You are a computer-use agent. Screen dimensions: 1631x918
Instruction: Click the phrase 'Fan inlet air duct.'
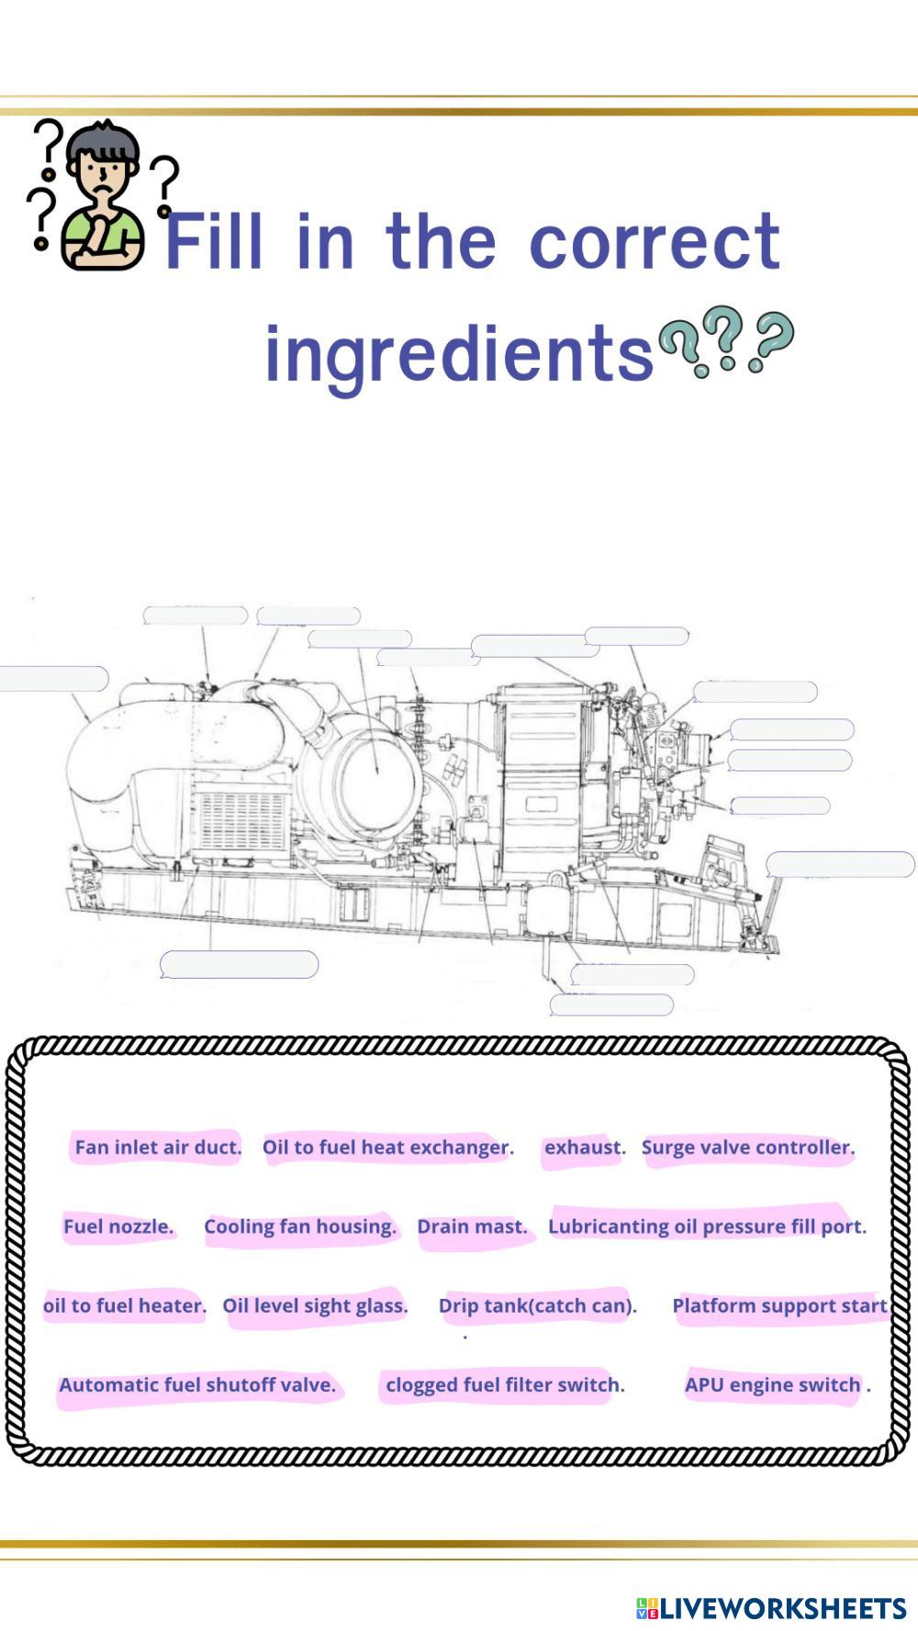(x=158, y=1148)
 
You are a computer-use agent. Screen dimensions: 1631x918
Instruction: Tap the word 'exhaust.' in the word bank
(x=585, y=1148)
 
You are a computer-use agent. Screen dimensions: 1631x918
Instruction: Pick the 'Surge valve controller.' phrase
(x=748, y=1148)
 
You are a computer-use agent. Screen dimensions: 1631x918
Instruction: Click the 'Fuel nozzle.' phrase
(x=118, y=1226)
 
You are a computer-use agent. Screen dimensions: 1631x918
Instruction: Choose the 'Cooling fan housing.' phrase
(x=300, y=1226)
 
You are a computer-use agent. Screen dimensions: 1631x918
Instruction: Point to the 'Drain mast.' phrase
(x=472, y=1226)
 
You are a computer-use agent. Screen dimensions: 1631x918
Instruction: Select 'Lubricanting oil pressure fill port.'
(x=707, y=1226)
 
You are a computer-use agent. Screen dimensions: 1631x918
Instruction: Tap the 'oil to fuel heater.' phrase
(x=125, y=1305)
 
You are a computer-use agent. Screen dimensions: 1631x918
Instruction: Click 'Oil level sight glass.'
(x=315, y=1305)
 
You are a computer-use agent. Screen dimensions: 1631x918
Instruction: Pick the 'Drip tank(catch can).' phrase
(x=537, y=1305)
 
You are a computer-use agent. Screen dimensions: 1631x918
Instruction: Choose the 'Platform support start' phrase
(x=779, y=1305)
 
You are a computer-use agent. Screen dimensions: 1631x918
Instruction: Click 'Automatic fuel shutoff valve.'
(x=197, y=1385)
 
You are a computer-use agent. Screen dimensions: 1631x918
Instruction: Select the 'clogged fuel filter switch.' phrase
(x=505, y=1385)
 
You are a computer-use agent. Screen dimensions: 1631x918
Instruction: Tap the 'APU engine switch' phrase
(x=773, y=1385)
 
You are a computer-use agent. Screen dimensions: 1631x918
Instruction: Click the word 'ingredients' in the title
(x=459, y=354)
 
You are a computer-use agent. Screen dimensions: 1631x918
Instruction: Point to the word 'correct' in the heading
(x=655, y=241)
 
